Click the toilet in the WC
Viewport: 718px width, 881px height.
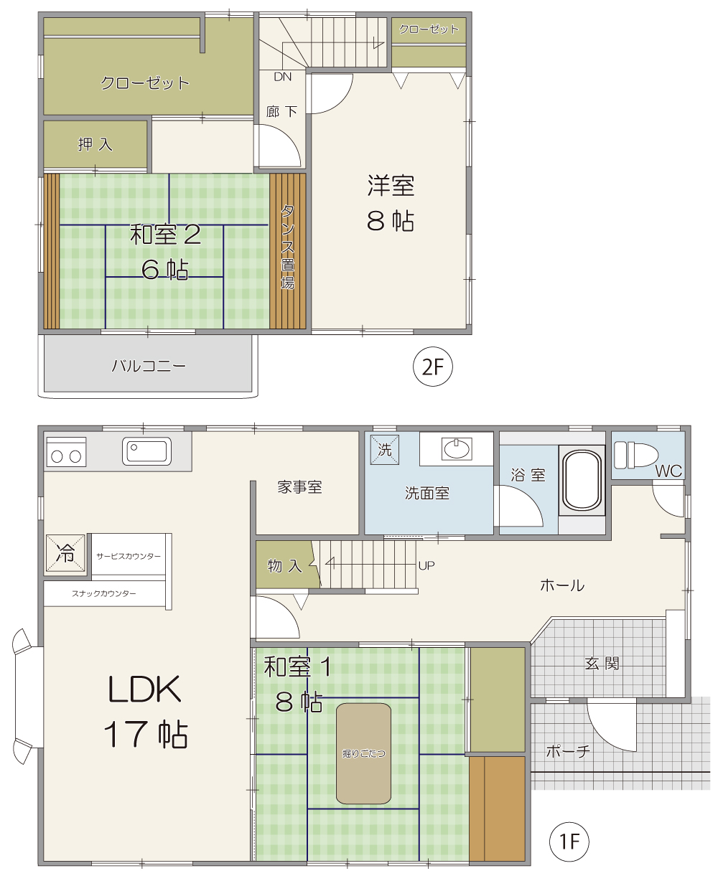pyautogui.click(x=635, y=455)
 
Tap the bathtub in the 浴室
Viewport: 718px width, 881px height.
pyautogui.click(x=582, y=479)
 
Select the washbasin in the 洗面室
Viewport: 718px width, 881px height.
pyautogui.click(x=457, y=449)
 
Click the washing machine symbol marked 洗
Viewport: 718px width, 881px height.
pyautogui.click(x=384, y=450)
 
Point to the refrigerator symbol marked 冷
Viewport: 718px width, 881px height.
pyautogui.click(x=65, y=554)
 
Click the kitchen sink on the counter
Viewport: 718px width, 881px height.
pyautogui.click(x=146, y=451)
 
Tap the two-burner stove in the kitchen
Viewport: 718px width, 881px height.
pyautogui.click(x=66, y=452)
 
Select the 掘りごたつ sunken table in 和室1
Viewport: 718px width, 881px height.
pyautogui.click(x=363, y=753)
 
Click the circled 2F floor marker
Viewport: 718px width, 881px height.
pyautogui.click(x=433, y=367)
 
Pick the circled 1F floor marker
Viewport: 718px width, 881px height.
pyautogui.click(x=569, y=842)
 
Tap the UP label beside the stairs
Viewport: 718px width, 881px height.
pyautogui.click(x=426, y=565)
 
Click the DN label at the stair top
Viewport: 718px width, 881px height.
pyautogui.click(x=283, y=77)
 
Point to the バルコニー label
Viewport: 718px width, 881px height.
pyautogui.click(x=149, y=366)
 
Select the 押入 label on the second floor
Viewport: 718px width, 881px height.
pyautogui.click(x=95, y=144)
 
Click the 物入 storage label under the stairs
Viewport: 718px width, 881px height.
pyautogui.click(x=285, y=565)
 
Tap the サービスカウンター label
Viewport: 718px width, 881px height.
pyautogui.click(x=129, y=556)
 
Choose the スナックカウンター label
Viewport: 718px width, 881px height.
pyautogui.click(x=104, y=593)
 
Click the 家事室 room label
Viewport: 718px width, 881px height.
pyautogui.click(x=299, y=487)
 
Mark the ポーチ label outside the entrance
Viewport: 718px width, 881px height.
pyautogui.click(x=568, y=752)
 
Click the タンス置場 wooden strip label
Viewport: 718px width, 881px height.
pyautogui.click(x=288, y=247)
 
